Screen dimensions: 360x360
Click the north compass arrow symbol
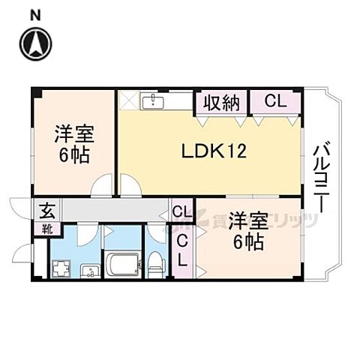(36, 43)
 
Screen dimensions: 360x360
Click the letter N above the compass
(36, 13)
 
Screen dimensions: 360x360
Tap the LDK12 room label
(212, 150)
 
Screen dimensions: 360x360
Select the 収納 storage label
(219, 101)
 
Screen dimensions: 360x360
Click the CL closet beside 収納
(274, 101)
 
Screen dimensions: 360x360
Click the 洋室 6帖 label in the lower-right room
(247, 229)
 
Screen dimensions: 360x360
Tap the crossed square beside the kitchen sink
(128, 100)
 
